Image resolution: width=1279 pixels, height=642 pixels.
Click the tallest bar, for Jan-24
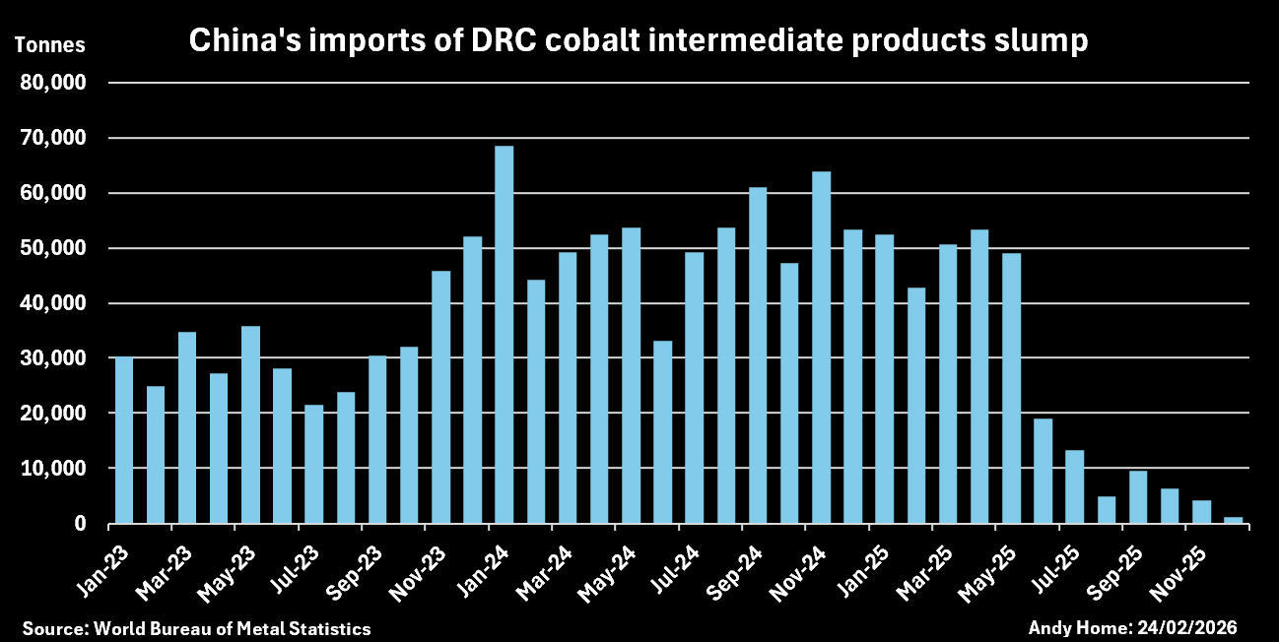tap(504, 335)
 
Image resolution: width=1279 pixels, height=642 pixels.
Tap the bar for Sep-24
tap(757, 355)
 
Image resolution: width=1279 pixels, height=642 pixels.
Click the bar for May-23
tap(250, 424)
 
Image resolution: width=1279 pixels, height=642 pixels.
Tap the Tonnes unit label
tap(49, 45)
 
